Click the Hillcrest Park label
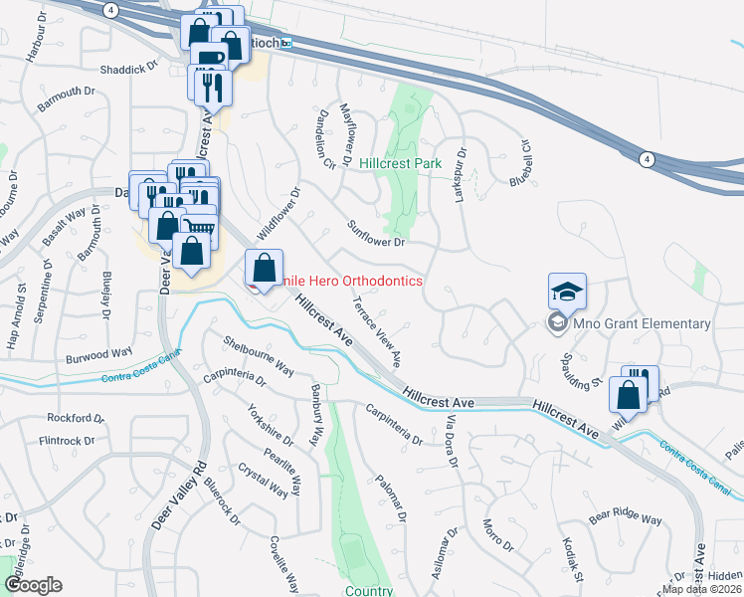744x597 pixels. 400,162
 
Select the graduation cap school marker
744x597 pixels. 567,292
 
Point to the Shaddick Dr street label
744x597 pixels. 129,70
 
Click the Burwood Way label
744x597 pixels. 99,352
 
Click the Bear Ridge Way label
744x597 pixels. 625,519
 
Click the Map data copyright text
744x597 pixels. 701,589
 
